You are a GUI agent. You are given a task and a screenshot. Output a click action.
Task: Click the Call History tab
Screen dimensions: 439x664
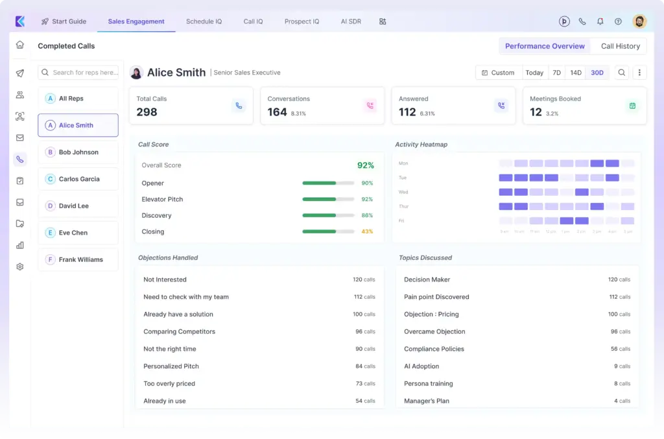(x=620, y=46)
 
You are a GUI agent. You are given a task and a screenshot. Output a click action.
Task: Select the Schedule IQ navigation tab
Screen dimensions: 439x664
(x=204, y=21)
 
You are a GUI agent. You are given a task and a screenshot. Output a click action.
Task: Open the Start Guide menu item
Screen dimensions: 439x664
(x=64, y=21)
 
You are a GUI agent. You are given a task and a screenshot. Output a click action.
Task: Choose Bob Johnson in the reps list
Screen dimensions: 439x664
(x=78, y=152)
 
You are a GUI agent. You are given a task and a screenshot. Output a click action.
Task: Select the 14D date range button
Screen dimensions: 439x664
(x=576, y=73)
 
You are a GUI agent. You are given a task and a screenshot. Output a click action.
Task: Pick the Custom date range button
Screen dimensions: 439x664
(x=498, y=73)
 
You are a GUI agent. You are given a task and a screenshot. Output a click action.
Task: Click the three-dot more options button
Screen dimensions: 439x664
(x=639, y=73)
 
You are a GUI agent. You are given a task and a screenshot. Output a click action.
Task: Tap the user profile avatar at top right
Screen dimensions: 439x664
(x=639, y=21)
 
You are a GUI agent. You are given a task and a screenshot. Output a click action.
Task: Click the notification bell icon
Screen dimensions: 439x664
(x=600, y=21)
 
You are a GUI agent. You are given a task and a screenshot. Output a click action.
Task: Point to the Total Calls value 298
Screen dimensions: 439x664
(x=147, y=112)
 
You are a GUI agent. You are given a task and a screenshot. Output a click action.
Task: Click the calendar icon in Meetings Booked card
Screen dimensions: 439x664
(x=632, y=106)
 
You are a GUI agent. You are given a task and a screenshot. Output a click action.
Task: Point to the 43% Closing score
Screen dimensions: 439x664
(x=366, y=231)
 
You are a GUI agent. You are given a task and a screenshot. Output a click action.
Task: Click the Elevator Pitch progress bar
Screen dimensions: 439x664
(x=328, y=199)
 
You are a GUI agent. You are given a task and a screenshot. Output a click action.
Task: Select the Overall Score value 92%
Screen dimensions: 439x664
(x=365, y=165)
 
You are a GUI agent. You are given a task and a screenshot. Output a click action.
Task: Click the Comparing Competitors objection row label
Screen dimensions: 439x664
(x=179, y=331)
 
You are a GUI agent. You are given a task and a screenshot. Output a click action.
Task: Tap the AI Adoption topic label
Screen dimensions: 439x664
(x=421, y=366)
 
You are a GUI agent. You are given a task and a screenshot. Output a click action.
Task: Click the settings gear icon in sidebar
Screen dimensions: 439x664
(x=20, y=267)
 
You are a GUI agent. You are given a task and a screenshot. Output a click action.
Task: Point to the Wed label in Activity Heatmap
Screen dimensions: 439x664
(x=403, y=192)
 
